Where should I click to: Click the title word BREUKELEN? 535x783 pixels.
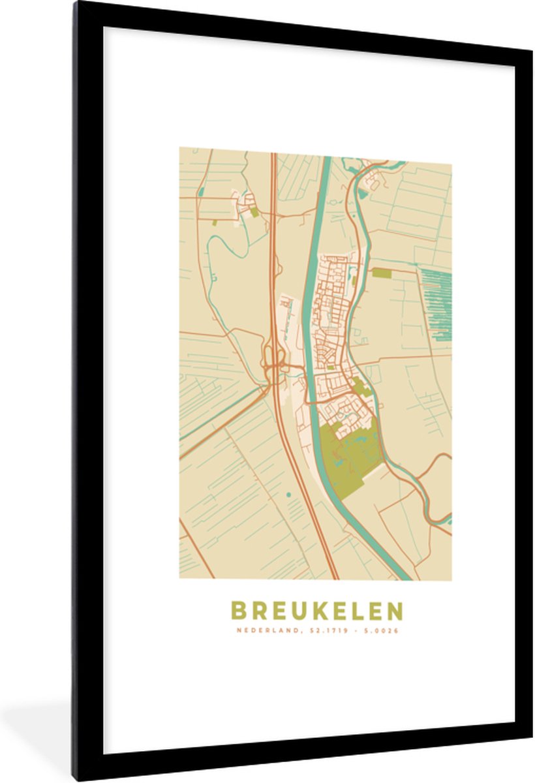click(316, 611)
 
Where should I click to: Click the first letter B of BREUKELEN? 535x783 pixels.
click(238, 611)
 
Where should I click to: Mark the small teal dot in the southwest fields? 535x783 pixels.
click(288, 495)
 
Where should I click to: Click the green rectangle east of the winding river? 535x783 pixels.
click(381, 273)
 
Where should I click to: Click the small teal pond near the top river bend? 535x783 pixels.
click(363, 193)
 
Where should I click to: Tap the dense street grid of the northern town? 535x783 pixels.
click(333, 300)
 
